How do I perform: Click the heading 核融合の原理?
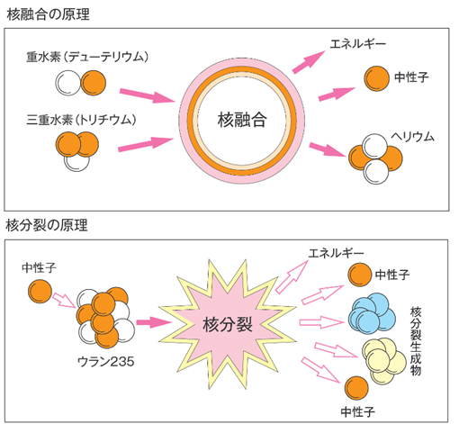[48, 14]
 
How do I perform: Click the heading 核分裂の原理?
[47, 225]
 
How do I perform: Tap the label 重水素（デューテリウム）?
[87, 57]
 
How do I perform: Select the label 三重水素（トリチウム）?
[81, 120]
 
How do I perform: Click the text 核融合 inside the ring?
[242, 120]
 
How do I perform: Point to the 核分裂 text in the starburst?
[228, 325]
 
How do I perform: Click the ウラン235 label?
[106, 362]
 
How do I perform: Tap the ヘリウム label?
[412, 137]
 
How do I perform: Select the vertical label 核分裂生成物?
[416, 341]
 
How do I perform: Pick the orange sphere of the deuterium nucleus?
[94, 83]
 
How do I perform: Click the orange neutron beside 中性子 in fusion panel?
[377, 78]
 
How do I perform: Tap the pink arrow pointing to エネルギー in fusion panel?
[309, 62]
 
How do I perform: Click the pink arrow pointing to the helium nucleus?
[328, 149]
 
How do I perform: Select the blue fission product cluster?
[372, 312]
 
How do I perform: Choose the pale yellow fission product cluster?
[384, 361]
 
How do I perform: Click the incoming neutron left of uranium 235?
[40, 291]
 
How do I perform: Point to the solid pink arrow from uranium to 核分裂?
[154, 322]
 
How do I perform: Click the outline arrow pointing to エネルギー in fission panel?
[292, 276]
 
